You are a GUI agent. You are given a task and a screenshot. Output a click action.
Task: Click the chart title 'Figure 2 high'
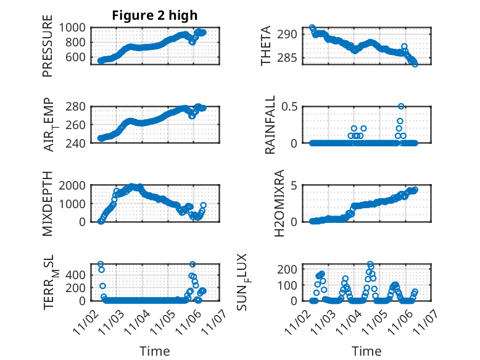154,15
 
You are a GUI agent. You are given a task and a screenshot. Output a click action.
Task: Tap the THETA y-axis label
266,46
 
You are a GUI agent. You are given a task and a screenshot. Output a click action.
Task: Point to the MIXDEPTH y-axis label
48,204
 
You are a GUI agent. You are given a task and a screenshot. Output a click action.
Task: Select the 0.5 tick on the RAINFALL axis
289,106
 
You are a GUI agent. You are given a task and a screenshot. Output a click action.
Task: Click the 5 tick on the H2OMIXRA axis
295,185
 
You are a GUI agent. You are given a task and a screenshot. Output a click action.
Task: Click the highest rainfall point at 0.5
401,107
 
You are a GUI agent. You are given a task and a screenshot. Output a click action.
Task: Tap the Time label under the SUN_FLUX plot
366,351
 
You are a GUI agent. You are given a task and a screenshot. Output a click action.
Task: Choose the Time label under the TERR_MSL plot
155,351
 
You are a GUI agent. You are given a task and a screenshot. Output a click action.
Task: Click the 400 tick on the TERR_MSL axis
77,288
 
